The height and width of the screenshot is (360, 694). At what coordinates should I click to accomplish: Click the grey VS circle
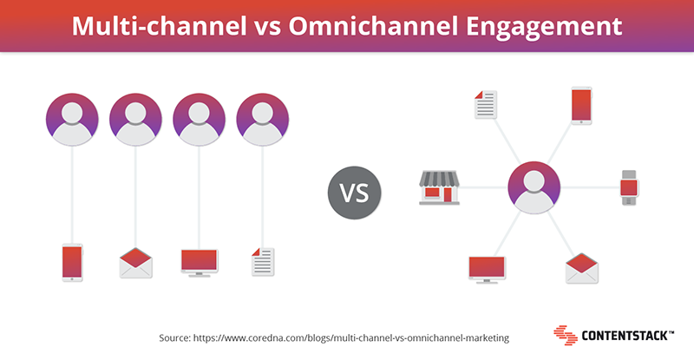(354, 193)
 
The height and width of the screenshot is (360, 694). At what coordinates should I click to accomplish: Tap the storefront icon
(439, 187)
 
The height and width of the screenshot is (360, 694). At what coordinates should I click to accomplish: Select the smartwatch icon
(629, 187)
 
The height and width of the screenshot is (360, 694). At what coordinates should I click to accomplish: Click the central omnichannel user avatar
(534, 187)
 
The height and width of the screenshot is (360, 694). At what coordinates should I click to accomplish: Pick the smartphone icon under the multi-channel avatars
(72, 263)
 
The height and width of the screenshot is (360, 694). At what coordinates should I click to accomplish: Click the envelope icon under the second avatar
(136, 263)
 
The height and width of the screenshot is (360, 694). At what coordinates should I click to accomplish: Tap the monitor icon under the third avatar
(200, 263)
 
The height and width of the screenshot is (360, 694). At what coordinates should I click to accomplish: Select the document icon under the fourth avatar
(263, 262)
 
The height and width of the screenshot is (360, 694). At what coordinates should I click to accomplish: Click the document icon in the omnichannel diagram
(486, 104)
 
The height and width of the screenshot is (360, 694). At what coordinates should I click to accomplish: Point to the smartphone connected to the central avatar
(581, 106)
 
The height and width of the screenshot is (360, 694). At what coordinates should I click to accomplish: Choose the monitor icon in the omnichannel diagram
(487, 270)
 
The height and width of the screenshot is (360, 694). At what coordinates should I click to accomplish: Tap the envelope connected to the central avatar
(581, 268)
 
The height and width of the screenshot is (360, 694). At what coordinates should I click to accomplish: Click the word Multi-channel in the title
(160, 26)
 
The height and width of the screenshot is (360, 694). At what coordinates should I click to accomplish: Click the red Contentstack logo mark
(566, 335)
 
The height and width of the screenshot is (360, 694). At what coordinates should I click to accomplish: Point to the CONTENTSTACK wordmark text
(627, 336)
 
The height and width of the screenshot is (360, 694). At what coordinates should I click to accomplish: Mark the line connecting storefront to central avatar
(484, 187)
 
